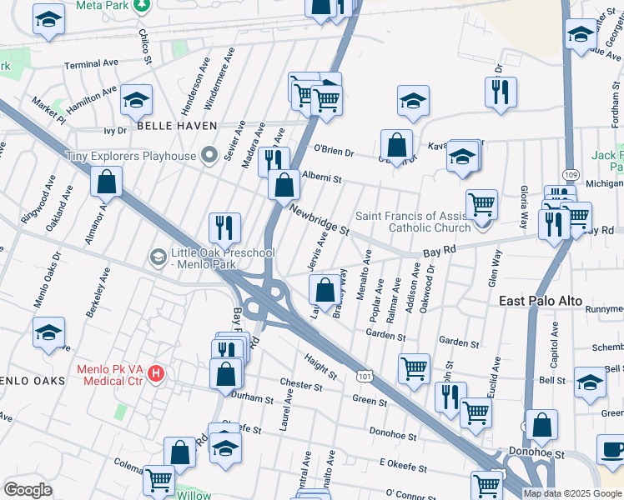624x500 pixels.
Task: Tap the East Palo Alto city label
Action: [x=541, y=300]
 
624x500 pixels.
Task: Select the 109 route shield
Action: [x=570, y=174]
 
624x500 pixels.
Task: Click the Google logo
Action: [x=28, y=490]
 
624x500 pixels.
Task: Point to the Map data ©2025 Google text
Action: [x=572, y=493]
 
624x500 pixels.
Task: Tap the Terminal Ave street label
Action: [x=92, y=64]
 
